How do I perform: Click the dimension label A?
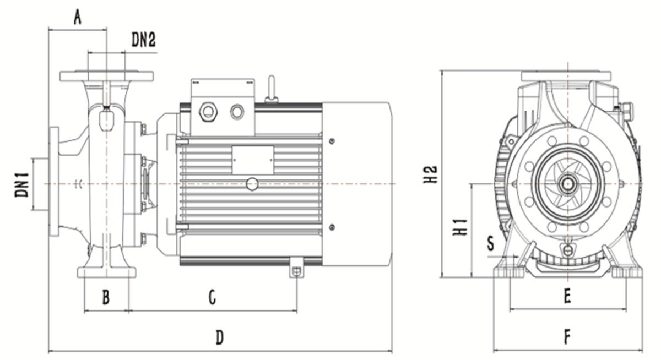click(78, 18)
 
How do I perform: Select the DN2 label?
click(144, 39)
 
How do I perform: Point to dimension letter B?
click(106, 298)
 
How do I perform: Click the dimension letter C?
click(212, 298)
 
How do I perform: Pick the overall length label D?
click(219, 337)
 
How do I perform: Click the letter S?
click(491, 242)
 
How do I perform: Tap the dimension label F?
click(567, 336)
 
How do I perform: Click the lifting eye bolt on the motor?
click(270, 89)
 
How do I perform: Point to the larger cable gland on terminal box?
click(208, 112)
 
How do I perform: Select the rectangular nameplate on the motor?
click(253, 160)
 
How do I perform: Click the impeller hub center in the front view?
click(566, 183)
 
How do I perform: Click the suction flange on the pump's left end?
click(54, 182)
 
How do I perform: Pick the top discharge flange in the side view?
click(106, 76)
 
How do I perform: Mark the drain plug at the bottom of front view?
click(567, 250)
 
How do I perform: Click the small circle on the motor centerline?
click(252, 183)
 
